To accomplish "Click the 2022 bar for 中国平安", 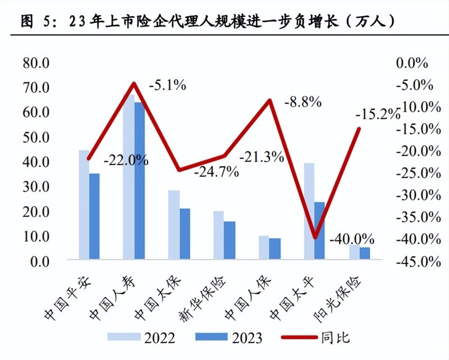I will pos(84,204).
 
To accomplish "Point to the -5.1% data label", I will pos(167,86).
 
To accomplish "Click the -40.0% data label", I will pos(352,239).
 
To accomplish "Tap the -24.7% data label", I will pos(217,172).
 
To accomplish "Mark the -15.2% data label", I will pos(378,115).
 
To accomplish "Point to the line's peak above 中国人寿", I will pos(134,84).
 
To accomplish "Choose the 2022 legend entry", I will pos(143,337).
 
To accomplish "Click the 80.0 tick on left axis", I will pos(36,62).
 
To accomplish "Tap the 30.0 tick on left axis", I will pos(36,186).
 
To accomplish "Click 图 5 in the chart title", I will pos(36,22).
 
